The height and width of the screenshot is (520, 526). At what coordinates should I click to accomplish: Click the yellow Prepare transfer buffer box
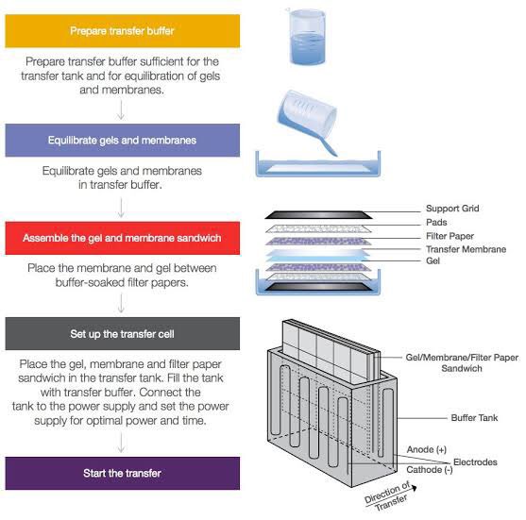pos(123,31)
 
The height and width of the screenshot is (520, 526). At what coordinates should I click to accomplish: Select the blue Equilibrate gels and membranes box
pos(123,140)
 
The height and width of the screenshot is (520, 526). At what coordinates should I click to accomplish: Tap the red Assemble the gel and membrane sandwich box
pos(123,238)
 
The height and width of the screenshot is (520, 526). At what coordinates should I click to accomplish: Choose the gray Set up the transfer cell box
pos(123,333)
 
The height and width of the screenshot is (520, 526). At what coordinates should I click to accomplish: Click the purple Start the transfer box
pos(123,473)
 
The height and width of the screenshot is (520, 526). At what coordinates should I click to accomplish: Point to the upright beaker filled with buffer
pos(307,37)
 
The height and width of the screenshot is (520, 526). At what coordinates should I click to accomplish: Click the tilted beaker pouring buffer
pos(307,117)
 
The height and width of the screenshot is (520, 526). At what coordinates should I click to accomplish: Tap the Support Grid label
pos(452,209)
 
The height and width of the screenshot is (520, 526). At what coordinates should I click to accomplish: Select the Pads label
pos(436,222)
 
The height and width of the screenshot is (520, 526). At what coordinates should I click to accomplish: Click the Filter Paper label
pos(450,236)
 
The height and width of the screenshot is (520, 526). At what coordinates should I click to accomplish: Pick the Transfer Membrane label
pos(466,249)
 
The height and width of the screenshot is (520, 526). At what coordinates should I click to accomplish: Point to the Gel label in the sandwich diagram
pos(433,260)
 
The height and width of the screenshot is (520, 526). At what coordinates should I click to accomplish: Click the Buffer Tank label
pos(474,418)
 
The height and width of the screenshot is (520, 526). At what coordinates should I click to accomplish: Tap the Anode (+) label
pos(426,449)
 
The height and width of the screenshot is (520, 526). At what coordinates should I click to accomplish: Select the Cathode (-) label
pos(430,470)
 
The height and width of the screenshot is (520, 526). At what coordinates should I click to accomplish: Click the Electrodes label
pos(475,462)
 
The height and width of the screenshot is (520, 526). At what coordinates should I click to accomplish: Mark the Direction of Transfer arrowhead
pos(415,488)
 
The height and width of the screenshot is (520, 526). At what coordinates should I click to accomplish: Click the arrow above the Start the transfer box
pos(121,443)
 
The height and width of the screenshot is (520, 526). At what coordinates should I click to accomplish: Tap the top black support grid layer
pos(318,215)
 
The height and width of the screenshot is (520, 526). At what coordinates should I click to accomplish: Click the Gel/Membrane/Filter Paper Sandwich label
pos(462,362)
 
